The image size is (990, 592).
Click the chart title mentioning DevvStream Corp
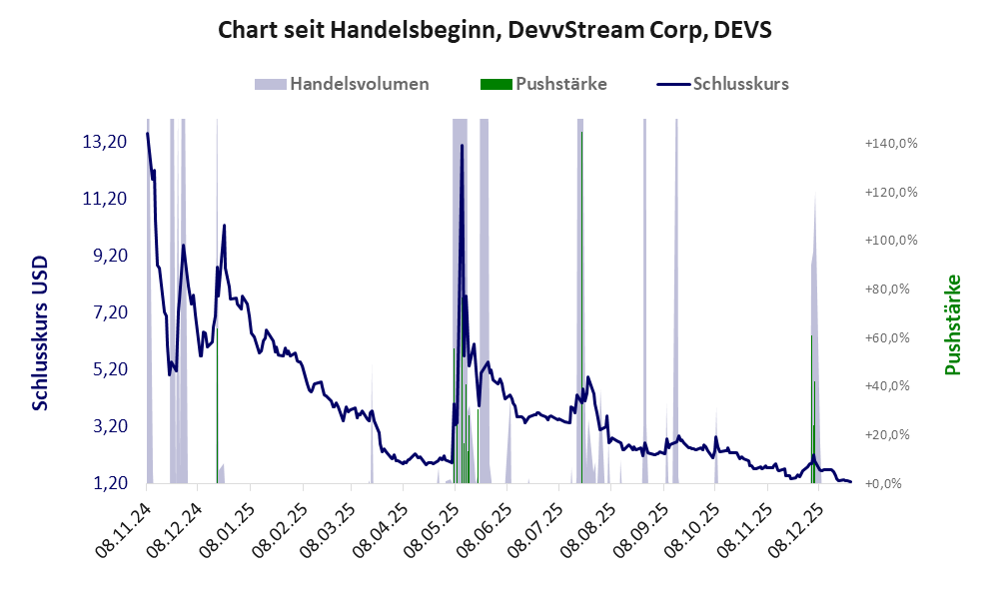pyautogui.click(x=495, y=30)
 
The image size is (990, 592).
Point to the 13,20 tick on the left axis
pyautogui.click(x=104, y=142)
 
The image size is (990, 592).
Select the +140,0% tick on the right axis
pyautogui.click(x=890, y=144)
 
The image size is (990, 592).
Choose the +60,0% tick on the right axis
pyautogui.click(x=890, y=337)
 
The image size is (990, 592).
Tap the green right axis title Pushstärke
pyautogui.click(x=952, y=324)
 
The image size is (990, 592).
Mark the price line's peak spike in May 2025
pyautogui.click(x=462, y=146)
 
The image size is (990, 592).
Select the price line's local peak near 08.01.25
pyautogui.click(x=224, y=226)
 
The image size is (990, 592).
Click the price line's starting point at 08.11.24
pyautogui.click(x=147, y=134)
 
